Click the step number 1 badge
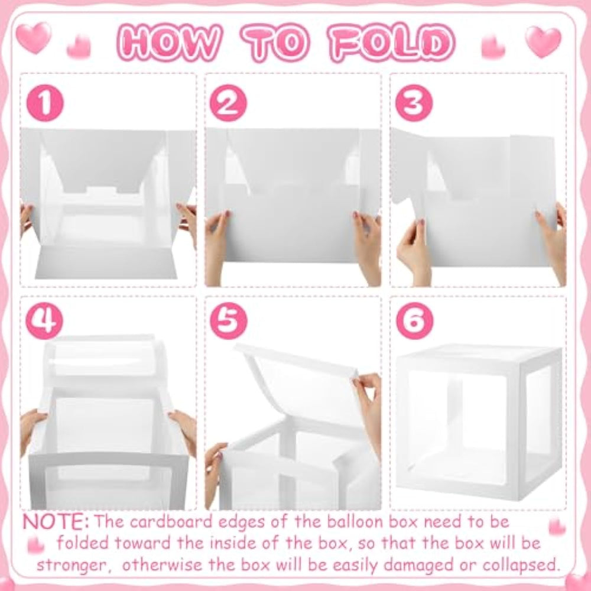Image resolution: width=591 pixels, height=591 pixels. point(45,103)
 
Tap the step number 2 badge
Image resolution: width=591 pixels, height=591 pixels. point(228,103)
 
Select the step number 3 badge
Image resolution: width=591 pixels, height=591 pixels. point(414,103)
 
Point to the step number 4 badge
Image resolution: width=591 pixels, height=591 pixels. point(44,321)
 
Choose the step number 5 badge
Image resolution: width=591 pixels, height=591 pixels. point(228,321)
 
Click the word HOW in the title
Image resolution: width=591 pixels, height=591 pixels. point(169,43)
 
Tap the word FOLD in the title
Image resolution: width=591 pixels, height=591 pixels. point(392,43)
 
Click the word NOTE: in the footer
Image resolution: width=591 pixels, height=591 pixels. point(56,522)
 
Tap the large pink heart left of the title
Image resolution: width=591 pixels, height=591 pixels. point(34,37)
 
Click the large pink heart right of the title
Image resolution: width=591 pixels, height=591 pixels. point(543,41)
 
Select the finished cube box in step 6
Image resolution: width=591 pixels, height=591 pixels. point(479,422)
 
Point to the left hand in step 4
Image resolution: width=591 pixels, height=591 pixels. point(32,430)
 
